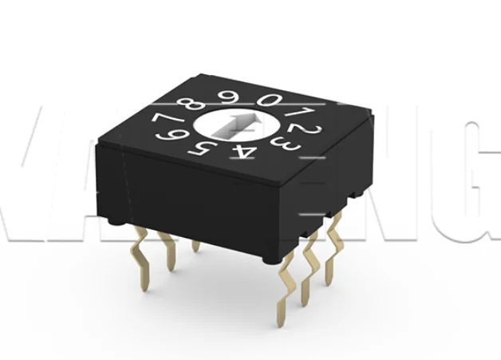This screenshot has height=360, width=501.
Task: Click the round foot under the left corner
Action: pyautogui.click(x=113, y=218)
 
